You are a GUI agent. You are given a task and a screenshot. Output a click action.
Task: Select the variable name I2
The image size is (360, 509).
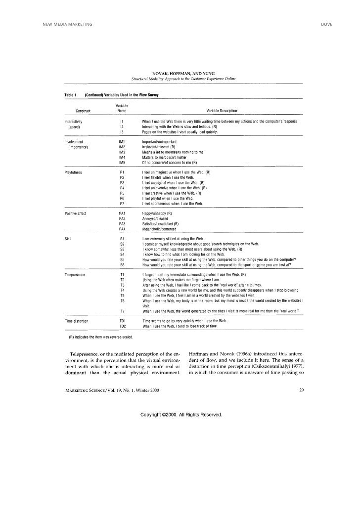tap(122, 127)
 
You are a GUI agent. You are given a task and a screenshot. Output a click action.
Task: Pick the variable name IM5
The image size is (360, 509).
tap(122, 163)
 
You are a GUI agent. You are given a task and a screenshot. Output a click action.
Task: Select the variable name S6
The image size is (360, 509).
tap(122, 264)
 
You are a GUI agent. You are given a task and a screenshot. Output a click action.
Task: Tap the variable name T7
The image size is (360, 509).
tap(122, 311)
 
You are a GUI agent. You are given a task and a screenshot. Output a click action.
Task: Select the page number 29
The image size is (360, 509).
tap(301, 390)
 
